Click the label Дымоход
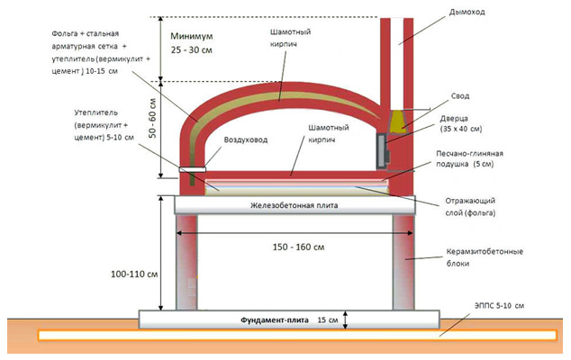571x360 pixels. click(x=467, y=13)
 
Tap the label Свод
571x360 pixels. click(x=460, y=96)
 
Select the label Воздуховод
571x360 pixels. click(x=246, y=140)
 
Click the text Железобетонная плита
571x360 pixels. click(x=295, y=205)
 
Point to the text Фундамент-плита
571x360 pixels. click(x=275, y=320)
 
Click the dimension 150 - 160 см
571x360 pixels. click(x=298, y=247)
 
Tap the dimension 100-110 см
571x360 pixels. click(x=134, y=274)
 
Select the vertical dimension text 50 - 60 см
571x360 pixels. click(x=152, y=118)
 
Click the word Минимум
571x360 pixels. click(x=192, y=36)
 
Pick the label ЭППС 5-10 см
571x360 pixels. click(x=499, y=306)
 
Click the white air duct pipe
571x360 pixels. click(x=192, y=169)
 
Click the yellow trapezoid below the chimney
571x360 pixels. click(x=398, y=121)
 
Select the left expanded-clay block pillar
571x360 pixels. click(x=186, y=262)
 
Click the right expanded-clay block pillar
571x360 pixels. click(x=403, y=262)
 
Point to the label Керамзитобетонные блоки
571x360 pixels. click(x=485, y=257)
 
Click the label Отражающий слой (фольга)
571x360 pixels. click(x=470, y=207)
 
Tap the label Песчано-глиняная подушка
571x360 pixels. click(x=469, y=159)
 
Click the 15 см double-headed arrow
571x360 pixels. click(x=346, y=320)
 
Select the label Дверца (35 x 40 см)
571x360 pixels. click(x=460, y=124)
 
